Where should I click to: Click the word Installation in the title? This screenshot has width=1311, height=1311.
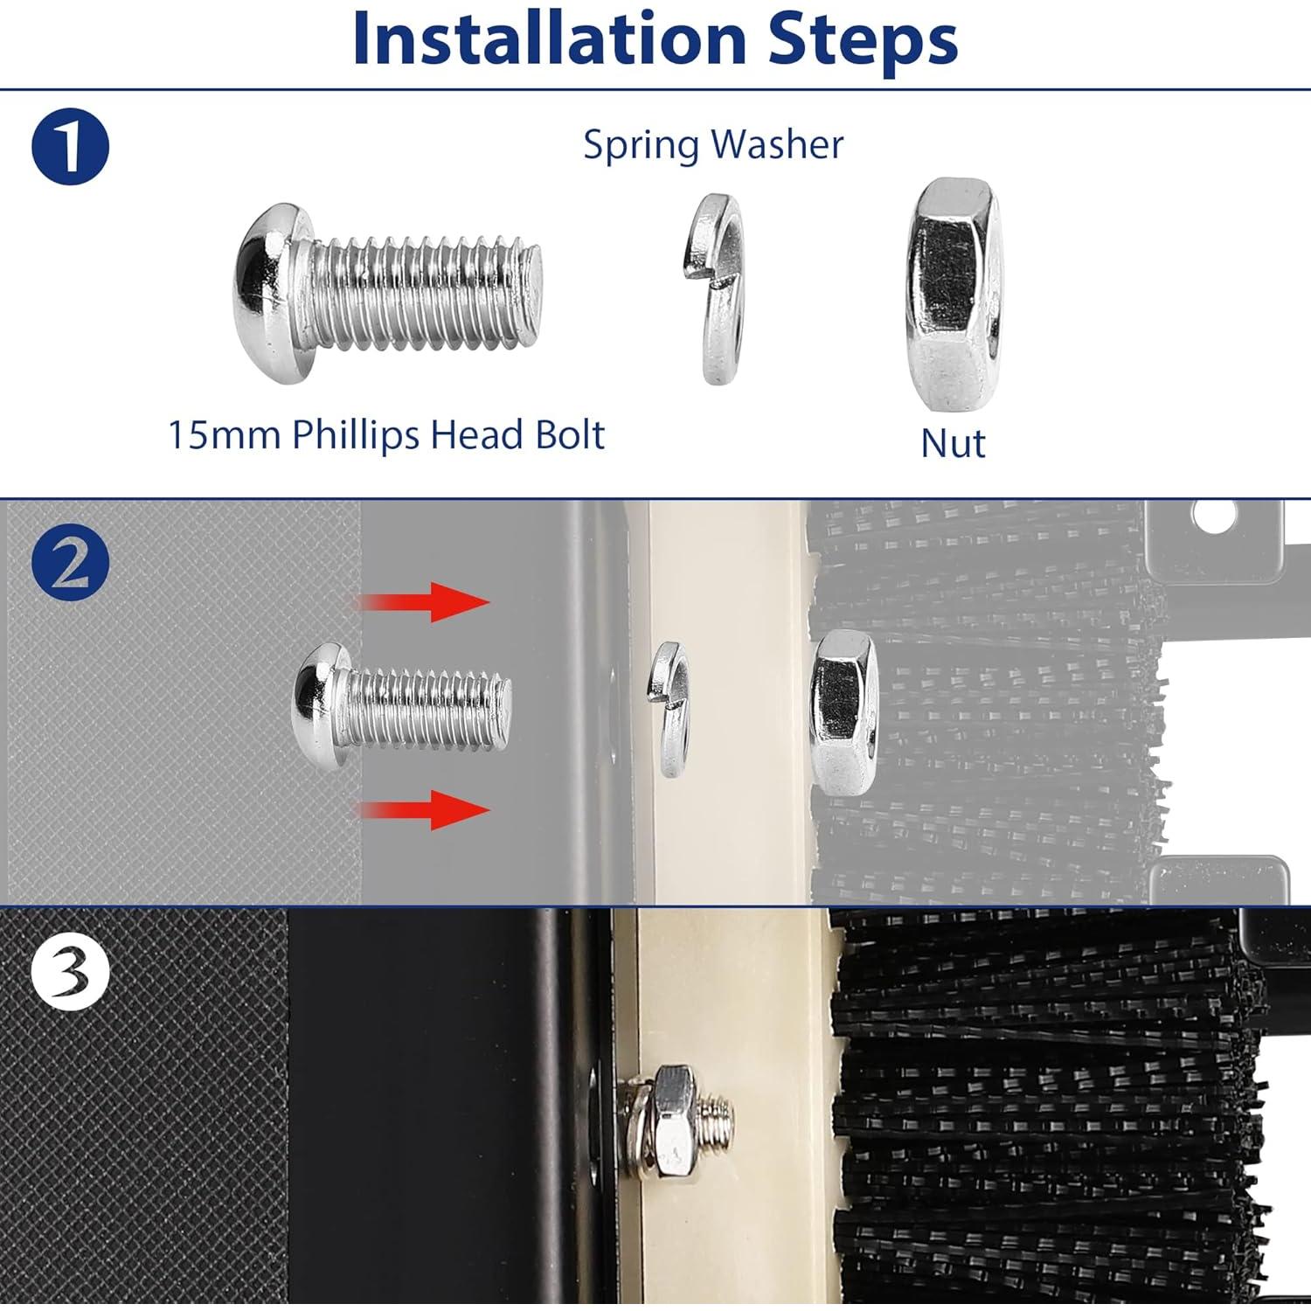(x=549, y=39)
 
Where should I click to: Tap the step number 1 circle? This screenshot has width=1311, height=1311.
(x=70, y=146)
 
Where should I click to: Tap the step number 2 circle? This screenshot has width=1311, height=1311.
(x=70, y=565)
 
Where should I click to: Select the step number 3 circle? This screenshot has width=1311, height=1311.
(x=70, y=972)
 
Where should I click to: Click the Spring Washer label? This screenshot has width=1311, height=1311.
(x=713, y=145)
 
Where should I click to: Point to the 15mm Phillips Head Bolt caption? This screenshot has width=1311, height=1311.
(x=385, y=434)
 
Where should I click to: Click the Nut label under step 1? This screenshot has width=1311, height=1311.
(x=953, y=443)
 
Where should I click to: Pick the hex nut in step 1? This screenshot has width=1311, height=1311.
(x=953, y=295)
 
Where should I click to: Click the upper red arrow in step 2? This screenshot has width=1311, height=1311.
(x=423, y=602)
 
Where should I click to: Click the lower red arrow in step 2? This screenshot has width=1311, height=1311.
(x=423, y=809)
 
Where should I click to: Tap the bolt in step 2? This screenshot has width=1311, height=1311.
(x=401, y=708)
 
